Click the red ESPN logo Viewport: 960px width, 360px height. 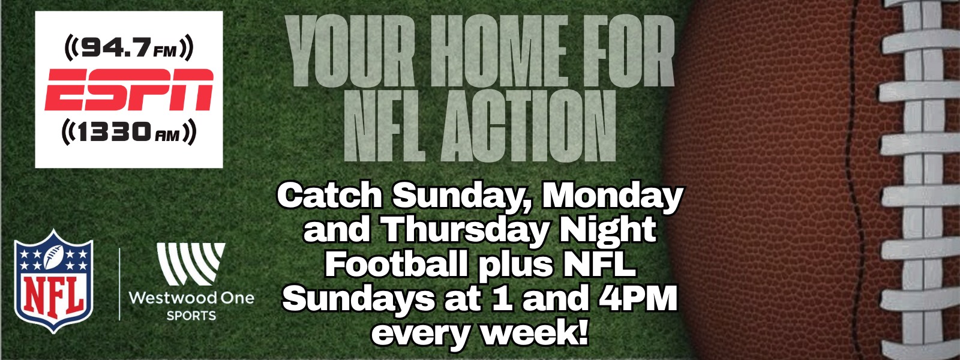(129, 89)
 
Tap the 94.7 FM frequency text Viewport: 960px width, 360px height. (129, 48)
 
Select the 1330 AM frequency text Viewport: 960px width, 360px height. (129, 133)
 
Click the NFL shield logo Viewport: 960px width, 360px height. (53, 281)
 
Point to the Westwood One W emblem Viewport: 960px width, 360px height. (191, 263)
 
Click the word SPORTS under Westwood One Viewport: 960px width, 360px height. (191, 316)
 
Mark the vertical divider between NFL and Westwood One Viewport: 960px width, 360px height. (119, 284)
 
